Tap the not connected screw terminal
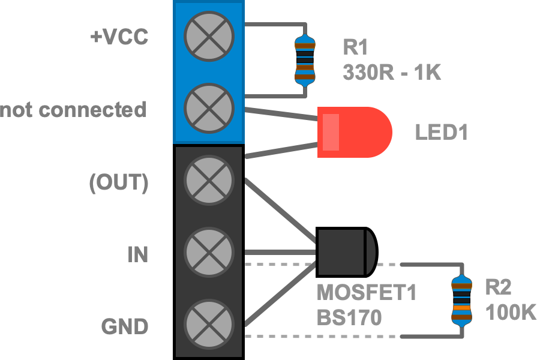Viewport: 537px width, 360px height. coord(208,108)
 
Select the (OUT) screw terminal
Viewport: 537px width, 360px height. coord(208,181)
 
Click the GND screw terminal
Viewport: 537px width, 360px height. coord(208,325)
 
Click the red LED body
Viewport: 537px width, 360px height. coord(354,132)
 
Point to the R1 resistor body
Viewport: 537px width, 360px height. coord(304,60)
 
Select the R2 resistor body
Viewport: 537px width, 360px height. coord(461,300)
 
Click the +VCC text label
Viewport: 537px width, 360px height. coord(119,37)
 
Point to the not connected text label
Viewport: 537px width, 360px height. coord(73,110)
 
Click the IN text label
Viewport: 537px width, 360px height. coord(137,255)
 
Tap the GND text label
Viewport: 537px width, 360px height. coord(124,328)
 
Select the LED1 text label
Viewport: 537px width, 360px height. coord(441,133)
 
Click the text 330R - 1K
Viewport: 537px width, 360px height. coord(392,73)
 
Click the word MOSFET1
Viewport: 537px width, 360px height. coord(367,293)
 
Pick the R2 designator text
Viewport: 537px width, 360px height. coord(498,288)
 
